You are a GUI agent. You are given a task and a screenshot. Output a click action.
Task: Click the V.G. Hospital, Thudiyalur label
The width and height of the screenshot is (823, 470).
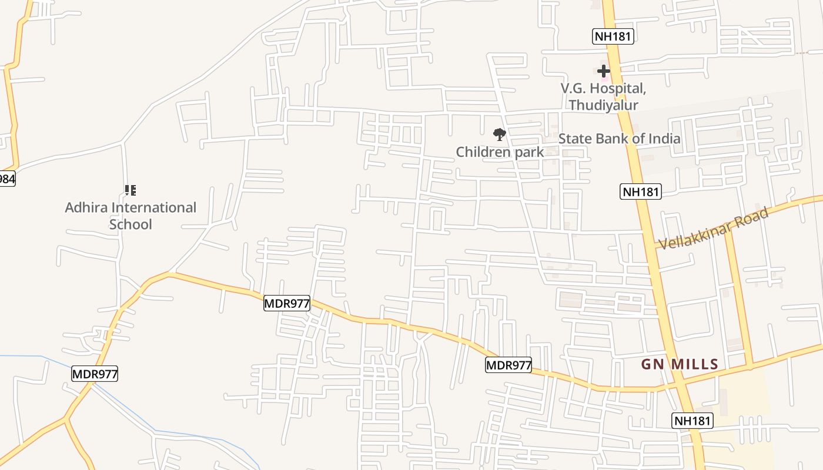pyautogui.click(x=603, y=97)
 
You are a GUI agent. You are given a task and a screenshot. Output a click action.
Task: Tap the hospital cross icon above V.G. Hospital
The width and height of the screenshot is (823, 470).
pyautogui.click(x=603, y=71)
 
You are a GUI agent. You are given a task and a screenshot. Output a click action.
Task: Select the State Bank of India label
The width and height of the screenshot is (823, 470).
pyautogui.click(x=619, y=139)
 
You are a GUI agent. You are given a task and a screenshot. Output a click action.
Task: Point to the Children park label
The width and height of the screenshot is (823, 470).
pyautogui.click(x=500, y=152)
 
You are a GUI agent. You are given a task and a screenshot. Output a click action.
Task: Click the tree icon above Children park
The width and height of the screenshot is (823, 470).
pyautogui.click(x=499, y=135)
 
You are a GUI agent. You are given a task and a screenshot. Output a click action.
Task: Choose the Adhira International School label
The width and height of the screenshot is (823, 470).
pyautogui.click(x=131, y=216)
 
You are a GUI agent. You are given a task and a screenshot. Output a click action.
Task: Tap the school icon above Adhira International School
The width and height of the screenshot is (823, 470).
pyautogui.click(x=131, y=190)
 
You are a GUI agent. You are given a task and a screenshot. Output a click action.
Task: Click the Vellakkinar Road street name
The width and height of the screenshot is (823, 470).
pyautogui.click(x=714, y=229)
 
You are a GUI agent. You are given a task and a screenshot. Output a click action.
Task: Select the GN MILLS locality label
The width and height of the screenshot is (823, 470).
pyautogui.click(x=680, y=364)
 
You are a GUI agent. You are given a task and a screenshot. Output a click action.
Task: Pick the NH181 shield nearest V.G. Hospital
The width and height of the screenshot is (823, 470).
pyautogui.click(x=613, y=36)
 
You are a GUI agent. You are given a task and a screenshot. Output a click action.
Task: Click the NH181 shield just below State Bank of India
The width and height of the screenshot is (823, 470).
pyautogui.click(x=641, y=192)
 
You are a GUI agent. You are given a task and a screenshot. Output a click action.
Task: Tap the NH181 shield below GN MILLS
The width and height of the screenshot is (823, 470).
pyautogui.click(x=692, y=421)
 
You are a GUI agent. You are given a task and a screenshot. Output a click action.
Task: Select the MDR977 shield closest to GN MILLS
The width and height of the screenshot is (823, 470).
pyautogui.click(x=508, y=365)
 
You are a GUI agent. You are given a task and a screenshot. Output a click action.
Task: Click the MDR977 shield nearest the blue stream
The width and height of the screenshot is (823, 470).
pyautogui.click(x=95, y=374)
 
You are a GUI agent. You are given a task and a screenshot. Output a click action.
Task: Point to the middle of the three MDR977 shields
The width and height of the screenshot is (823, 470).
pyautogui.click(x=286, y=303)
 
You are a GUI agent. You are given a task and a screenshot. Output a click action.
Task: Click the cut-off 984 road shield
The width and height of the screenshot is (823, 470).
pyautogui.click(x=6, y=179)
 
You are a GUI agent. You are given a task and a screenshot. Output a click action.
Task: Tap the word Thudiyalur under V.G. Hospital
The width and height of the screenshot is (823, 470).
pyautogui.click(x=603, y=105)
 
